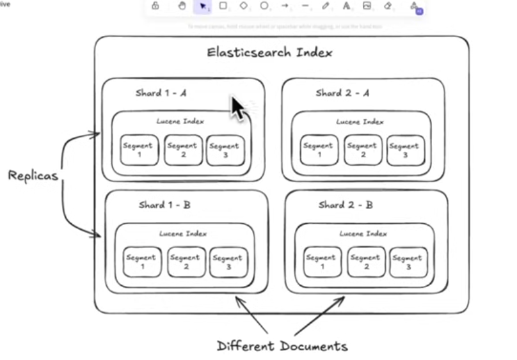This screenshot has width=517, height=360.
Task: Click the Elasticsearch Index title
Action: tap(269, 52)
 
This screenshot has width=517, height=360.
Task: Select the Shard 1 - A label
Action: tap(161, 93)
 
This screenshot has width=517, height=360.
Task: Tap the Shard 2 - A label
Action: tap(342, 93)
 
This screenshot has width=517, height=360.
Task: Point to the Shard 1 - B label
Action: tap(164, 205)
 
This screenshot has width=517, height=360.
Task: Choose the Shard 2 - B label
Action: tap(346, 205)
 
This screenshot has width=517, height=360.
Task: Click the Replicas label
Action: tap(33, 175)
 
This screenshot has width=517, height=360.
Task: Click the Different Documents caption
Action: tap(282, 347)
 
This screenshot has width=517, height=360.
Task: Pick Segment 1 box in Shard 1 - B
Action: tap(141, 262)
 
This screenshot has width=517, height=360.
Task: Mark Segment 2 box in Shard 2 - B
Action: tap(366, 262)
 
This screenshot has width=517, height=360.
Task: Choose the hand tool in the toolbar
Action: tap(182, 6)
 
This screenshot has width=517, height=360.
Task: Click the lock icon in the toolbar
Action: tap(155, 6)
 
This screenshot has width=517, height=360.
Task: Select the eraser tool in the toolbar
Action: tap(388, 6)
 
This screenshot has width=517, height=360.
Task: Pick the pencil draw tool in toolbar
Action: tap(326, 6)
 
